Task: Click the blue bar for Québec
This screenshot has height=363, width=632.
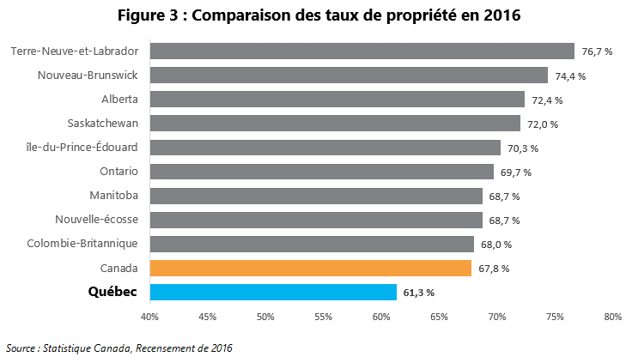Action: tap(273, 293)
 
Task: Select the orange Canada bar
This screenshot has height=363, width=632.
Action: tap(310, 269)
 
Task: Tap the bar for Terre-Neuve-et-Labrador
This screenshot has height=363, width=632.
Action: tap(362, 51)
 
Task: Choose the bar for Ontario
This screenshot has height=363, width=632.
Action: tap(321, 172)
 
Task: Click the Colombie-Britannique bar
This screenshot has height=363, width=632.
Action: tap(312, 244)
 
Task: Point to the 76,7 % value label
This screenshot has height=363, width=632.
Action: tap(597, 51)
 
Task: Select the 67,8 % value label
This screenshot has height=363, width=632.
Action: tap(494, 269)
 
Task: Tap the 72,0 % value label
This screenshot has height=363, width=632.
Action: tap(543, 124)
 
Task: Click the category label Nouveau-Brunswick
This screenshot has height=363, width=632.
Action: tap(88, 75)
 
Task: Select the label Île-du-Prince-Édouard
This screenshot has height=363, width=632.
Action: tap(82, 148)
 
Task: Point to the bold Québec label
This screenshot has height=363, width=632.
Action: tap(112, 293)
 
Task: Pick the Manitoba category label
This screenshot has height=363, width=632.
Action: tap(113, 196)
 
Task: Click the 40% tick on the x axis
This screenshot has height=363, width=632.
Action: tap(149, 318)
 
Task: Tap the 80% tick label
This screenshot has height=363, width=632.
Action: tap(612, 318)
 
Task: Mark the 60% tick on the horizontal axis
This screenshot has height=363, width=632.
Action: tap(381, 318)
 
